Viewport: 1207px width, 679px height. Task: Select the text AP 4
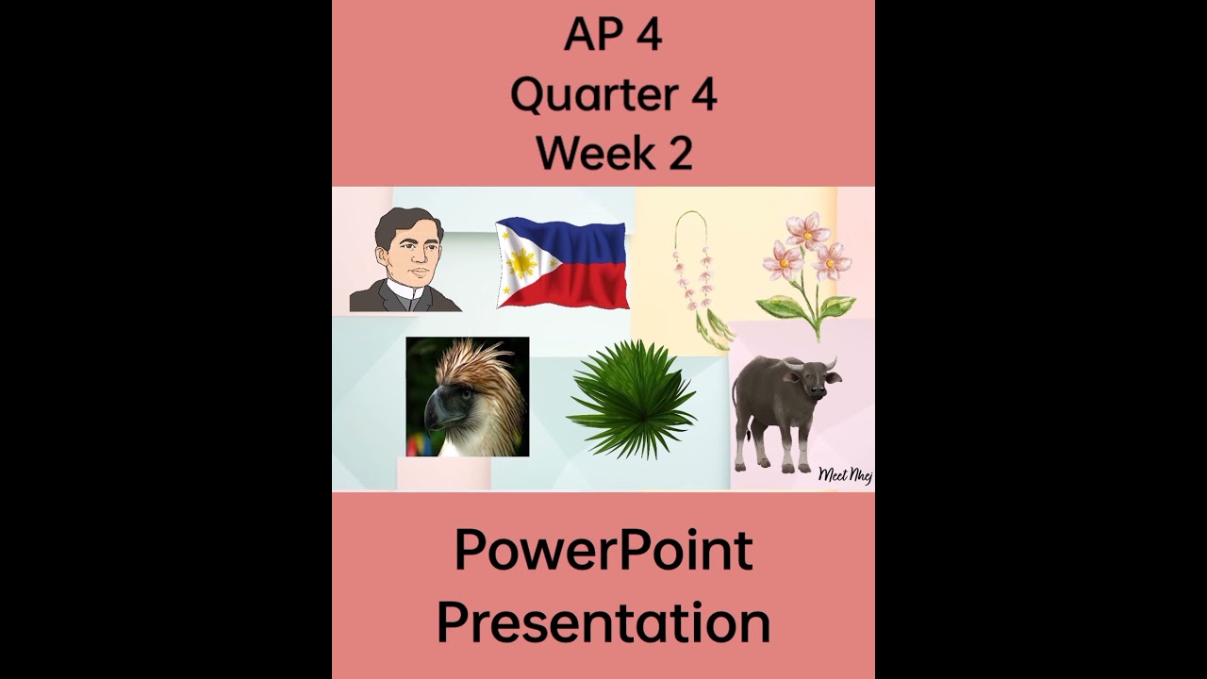tap(613, 36)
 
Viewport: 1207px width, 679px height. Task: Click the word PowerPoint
tap(603, 552)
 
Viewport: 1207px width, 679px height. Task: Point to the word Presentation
tap(603, 623)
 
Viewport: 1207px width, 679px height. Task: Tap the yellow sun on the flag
tap(521, 263)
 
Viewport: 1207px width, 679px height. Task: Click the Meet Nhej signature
tap(845, 474)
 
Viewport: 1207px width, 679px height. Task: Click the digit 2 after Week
tap(681, 153)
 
